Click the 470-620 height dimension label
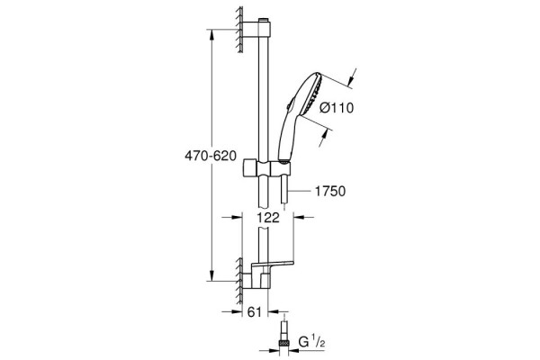click(211, 156)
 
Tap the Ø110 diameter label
click(337, 108)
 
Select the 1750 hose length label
click(330, 191)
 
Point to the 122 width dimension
click(268, 218)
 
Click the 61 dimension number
click(255, 312)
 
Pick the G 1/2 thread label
click(312, 342)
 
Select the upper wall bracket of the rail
click(256, 29)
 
